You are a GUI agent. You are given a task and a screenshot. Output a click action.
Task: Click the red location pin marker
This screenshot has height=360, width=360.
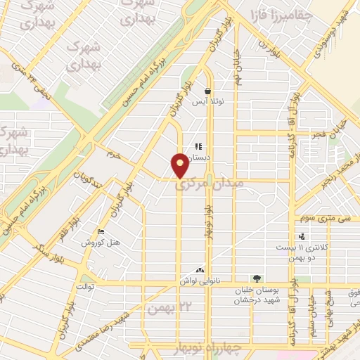(181, 165)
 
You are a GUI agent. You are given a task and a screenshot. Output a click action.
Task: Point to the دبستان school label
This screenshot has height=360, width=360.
(210, 158)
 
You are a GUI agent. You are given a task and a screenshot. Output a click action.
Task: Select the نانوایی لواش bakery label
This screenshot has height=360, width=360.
(218, 279)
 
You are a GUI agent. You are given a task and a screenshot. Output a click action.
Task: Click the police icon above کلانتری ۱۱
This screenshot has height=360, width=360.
(301, 237)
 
